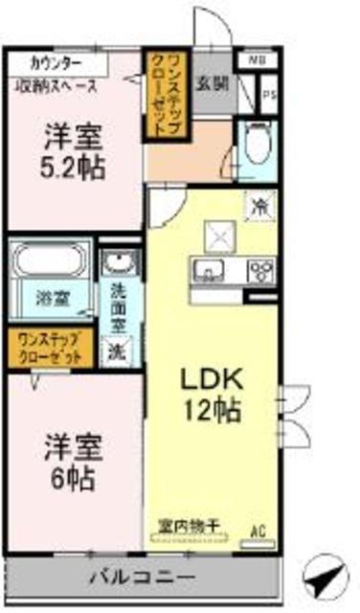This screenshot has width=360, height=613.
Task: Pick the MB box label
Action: click(x=257, y=60)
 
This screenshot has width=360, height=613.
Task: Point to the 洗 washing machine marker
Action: click(x=115, y=351)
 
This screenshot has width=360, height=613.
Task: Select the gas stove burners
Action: click(x=259, y=269)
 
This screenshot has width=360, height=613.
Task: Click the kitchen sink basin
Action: click(x=208, y=269)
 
